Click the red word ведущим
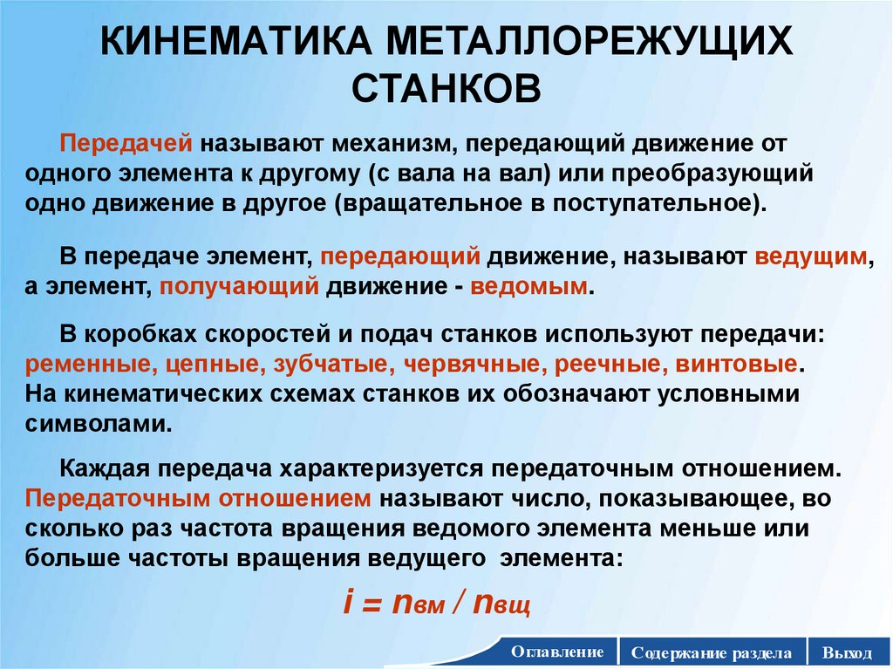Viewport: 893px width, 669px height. [810, 256]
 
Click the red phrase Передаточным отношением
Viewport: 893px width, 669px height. [199, 499]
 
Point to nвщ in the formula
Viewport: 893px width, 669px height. [501, 604]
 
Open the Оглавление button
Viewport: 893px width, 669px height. [557, 652]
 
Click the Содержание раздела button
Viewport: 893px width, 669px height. [712, 652]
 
